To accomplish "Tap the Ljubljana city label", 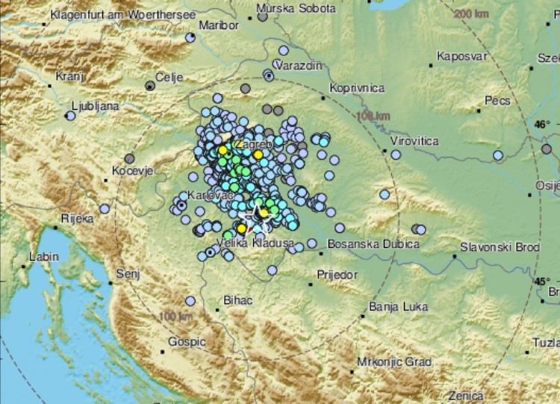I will (95, 106).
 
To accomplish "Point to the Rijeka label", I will (78, 219).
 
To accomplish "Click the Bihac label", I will (238, 300).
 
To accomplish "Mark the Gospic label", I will (186, 341).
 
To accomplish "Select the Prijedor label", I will (337, 275).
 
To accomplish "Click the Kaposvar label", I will (462, 56).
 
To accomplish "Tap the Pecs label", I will (497, 100).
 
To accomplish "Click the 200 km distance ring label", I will (473, 13).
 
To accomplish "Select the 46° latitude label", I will (541, 124).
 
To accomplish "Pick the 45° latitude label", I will (541, 281).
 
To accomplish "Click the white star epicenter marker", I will (259, 211).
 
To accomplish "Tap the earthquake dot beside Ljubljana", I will (71, 116).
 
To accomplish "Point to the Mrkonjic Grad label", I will (394, 362).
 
